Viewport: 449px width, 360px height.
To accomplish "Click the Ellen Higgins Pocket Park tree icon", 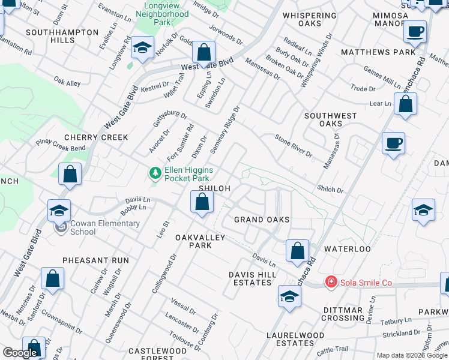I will (155, 173).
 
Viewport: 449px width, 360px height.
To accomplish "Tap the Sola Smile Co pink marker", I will (330, 282).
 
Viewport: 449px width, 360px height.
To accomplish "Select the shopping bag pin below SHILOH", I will (202, 202).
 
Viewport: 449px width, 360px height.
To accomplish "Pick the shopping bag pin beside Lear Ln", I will (406, 104).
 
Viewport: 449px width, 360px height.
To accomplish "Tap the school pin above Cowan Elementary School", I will (60, 211).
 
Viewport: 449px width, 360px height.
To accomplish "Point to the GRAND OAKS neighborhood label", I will (262, 220).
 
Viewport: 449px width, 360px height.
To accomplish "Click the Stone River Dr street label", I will (294, 146).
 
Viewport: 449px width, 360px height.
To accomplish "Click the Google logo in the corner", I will (20, 353).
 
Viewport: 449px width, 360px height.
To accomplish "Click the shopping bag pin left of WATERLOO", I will (297, 251).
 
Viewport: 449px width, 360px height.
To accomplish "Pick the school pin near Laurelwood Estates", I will (289, 296).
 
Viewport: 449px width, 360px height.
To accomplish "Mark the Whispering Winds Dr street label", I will (316, 60).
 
